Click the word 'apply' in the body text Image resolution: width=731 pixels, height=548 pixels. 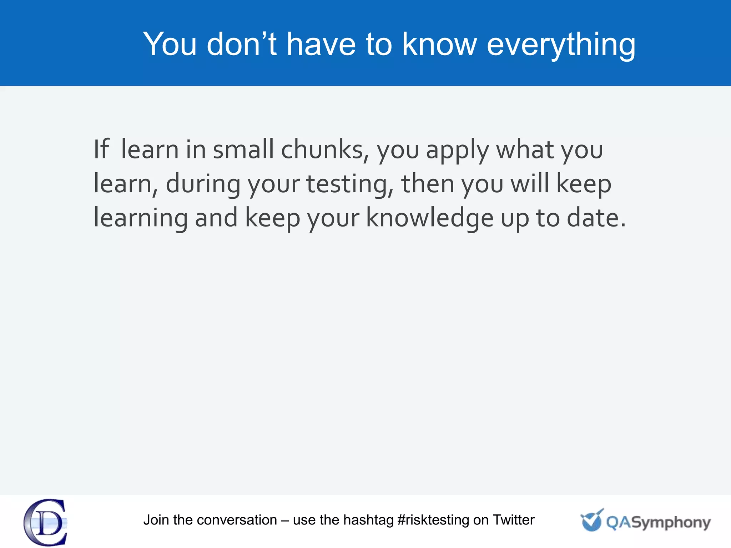click(457, 150)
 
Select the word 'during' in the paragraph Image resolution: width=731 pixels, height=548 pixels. click(203, 184)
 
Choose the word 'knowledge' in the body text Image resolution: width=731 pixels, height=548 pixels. click(430, 218)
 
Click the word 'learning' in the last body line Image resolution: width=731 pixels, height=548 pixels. click(140, 218)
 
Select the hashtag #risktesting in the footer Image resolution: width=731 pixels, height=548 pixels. click(433, 520)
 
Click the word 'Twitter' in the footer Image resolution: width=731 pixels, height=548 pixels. click(513, 520)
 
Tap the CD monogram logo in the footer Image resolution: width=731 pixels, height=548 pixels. click(46, 522)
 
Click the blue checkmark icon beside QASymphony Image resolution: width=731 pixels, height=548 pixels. click(591, 520)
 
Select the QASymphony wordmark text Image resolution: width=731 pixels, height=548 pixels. click(658, 523)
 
